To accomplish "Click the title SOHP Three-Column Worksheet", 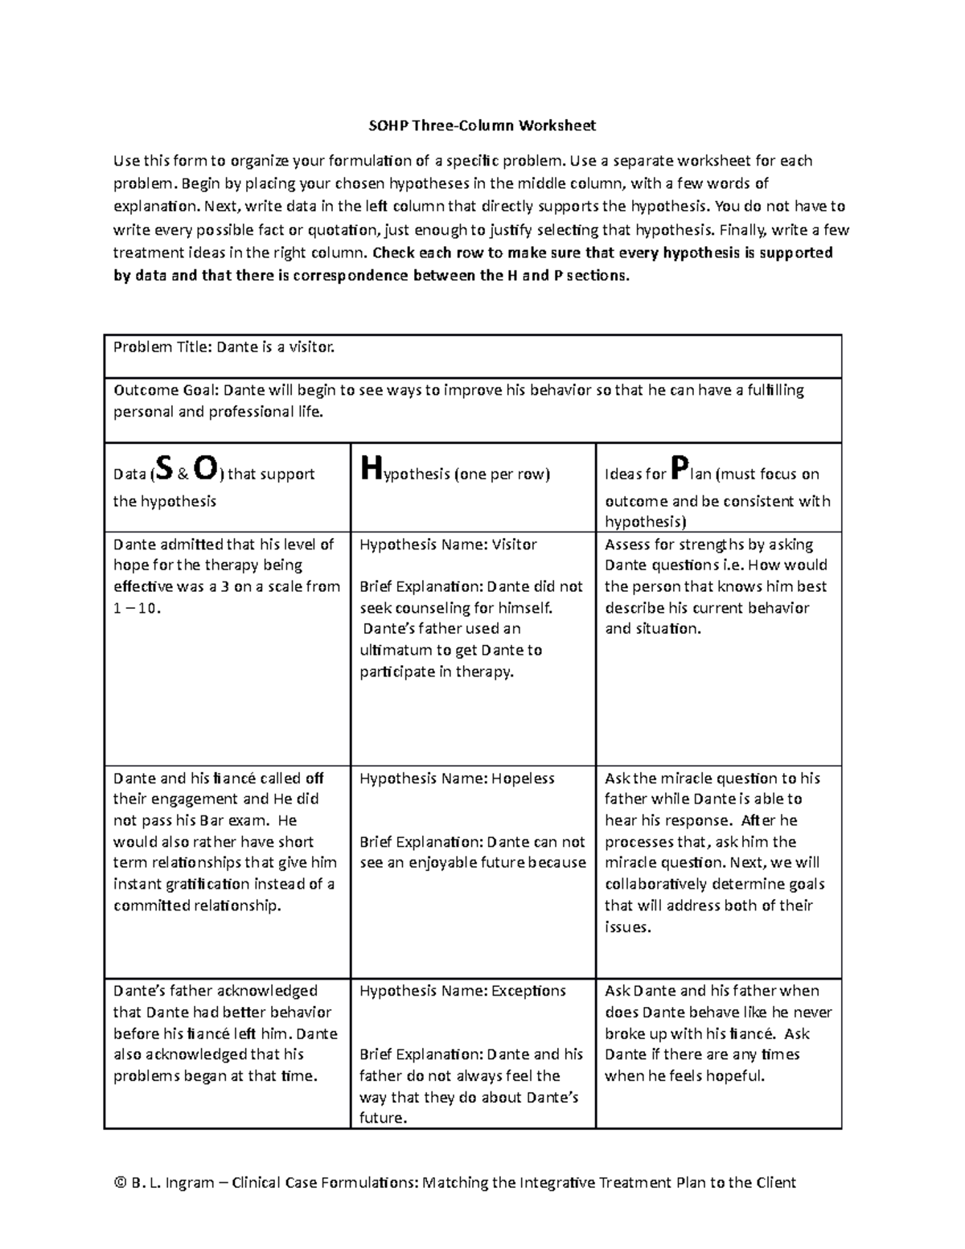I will click(482, 125).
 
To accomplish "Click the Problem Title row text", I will click(223, 347).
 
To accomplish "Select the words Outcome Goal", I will click(164, 391).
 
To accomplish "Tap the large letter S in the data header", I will click(163, 467).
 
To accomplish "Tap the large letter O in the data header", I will click(205, 467).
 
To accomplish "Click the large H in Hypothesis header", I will click(369, 467).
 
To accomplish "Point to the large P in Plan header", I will click(680, 467).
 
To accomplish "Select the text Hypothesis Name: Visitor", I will click(448, 544).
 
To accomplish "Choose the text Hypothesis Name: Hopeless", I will click(457, 779).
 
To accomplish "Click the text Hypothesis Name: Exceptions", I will click(463, 991).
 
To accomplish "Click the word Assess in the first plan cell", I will click(627, 544).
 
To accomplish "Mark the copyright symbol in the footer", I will click(120, 1182).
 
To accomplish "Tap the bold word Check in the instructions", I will click(394, 253).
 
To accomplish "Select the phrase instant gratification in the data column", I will click(182, 885).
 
